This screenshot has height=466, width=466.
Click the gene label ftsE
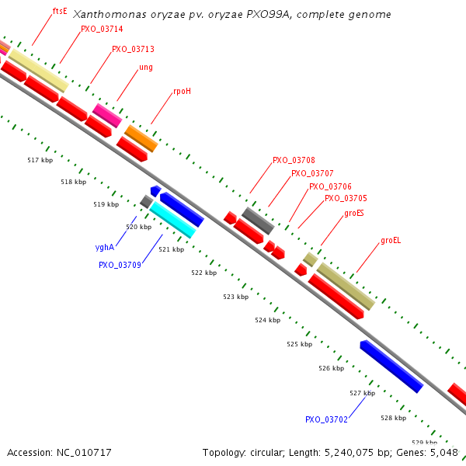tap(60, 12)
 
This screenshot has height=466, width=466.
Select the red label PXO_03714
tap(101, 30)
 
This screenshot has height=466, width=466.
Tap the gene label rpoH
tap(182, 91)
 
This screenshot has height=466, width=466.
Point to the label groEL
tap(391, 241)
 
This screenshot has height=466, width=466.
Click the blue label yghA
tap(105, 247)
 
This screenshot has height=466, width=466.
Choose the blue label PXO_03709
tap(120, 265)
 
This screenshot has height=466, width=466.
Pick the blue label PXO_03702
tap(326, 419)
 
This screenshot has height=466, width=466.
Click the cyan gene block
tap(172, 219)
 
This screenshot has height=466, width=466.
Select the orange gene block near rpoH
tap(141, 138)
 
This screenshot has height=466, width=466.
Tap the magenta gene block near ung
tap(107, 115)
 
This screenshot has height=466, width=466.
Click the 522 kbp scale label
tap(203, 273)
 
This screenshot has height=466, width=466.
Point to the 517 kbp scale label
tap(40, 161)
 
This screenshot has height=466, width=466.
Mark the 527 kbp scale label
tap(362, 394)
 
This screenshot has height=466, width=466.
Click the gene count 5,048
tap(443, 452)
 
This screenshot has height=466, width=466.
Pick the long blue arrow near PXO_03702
tap(391, 366)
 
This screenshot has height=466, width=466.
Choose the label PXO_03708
tap(294, 160)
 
